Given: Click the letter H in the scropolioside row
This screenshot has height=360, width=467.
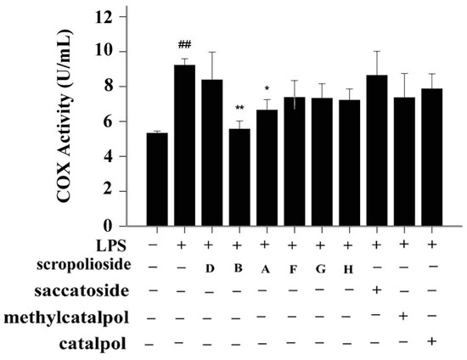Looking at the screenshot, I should click(x=347, y=270).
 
